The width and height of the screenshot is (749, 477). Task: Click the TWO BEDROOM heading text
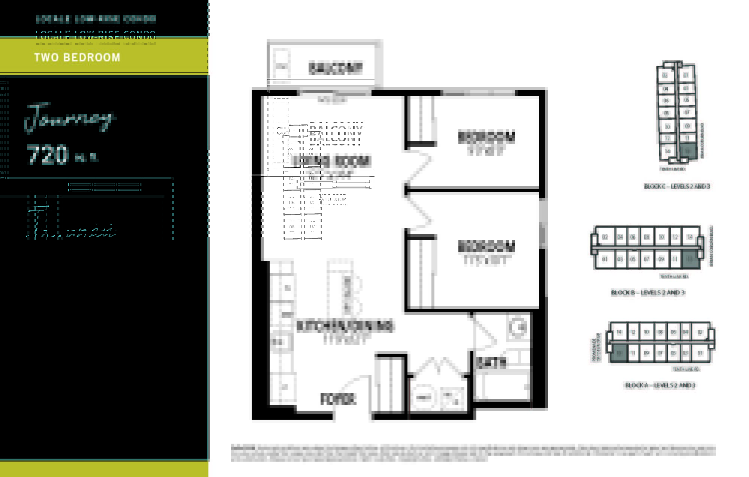[x=77, y=57]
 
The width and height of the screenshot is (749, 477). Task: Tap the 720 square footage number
[x=48, y=154]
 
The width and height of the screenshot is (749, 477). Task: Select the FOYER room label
[x=337, y=399]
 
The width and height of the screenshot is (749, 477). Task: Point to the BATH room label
[x=491, y=362]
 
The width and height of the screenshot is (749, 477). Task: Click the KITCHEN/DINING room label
[x=345, y=326]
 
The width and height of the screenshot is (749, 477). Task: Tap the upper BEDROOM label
[x=486, y=137]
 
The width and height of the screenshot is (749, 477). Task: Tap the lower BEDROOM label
[x=486, y=247]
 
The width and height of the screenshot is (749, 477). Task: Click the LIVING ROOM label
[x=331, y=161]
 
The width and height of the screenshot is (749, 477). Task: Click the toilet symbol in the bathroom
[x=518, y=327]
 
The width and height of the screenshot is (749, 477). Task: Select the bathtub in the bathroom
[x=506, y=386]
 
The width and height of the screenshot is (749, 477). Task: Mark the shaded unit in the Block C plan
[x=687, y=151]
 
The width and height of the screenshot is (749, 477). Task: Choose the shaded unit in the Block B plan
[x=690, y=259]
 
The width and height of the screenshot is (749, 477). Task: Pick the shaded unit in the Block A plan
[x=619, y=353]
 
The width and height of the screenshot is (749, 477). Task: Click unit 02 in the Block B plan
[x=605, y=237]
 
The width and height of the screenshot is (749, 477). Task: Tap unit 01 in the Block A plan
[x=700, y=353]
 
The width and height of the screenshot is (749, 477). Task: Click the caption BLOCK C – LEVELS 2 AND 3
[x=677, y=186]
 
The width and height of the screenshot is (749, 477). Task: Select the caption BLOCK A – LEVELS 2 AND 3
[x=660, y=385]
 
